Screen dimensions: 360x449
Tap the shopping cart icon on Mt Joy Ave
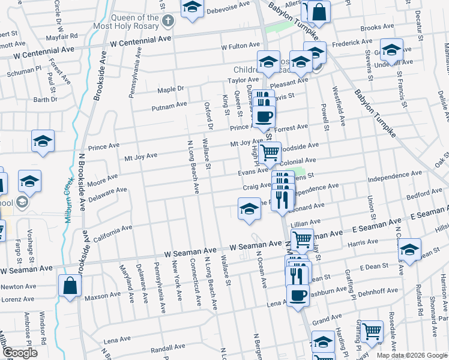(270, 152)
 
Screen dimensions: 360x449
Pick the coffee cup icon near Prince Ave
(264, 116)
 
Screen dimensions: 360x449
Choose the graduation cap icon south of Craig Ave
(249, 209)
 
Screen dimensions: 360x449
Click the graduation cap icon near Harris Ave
(409, 250)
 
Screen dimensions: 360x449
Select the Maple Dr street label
(170, 90)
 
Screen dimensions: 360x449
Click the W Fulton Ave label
(240, 46)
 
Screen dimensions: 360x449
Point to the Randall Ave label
(167, 347)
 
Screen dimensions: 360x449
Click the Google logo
(19, 353)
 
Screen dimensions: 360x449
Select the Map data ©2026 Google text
(412, 355)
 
